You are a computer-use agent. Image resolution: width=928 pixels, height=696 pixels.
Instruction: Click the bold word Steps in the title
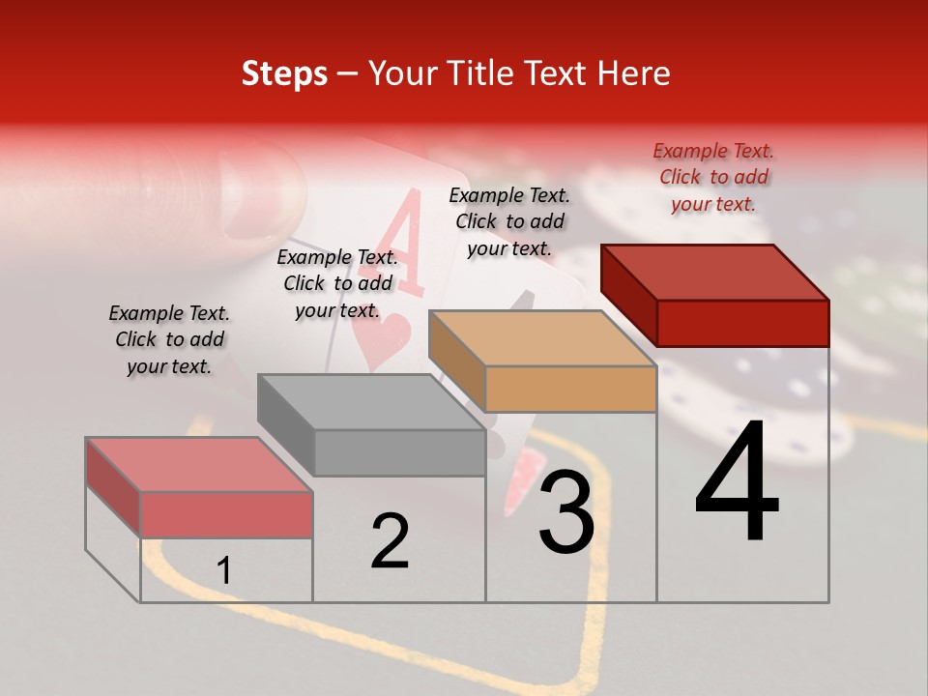coord(284,73)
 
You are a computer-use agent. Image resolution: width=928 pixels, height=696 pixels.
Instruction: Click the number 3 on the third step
coord(565,512)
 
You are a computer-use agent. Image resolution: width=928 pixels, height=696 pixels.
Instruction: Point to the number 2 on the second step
coord(390,541)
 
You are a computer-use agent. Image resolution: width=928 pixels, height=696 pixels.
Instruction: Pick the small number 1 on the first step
coord(223,571)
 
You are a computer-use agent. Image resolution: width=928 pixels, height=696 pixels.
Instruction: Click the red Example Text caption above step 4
coord(713,177)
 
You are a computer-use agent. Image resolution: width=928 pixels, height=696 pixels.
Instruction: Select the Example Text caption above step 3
coord(509,221)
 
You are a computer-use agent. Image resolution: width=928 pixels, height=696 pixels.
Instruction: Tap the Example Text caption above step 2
coord(337,283)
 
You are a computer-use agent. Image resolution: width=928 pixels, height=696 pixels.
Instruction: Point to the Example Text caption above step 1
coord(168,339)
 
